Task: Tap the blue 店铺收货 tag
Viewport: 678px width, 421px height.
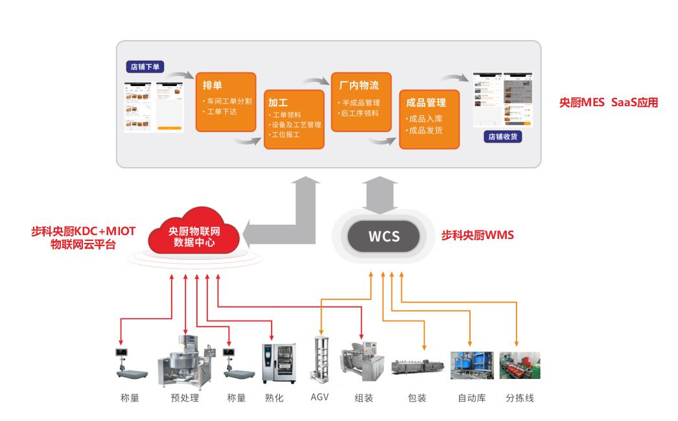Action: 503,137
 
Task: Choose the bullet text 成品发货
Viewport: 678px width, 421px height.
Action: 425,130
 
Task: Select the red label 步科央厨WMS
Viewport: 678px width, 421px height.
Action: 477,236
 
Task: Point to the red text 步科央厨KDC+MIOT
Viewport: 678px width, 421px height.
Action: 84,231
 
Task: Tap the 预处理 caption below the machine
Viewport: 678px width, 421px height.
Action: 185,398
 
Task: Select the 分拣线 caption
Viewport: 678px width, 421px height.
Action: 520,398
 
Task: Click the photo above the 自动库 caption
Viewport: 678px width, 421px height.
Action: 472,365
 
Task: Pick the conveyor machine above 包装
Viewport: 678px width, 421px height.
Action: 417,367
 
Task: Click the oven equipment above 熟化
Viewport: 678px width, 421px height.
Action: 274,363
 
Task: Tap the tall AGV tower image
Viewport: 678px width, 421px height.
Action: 320,360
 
